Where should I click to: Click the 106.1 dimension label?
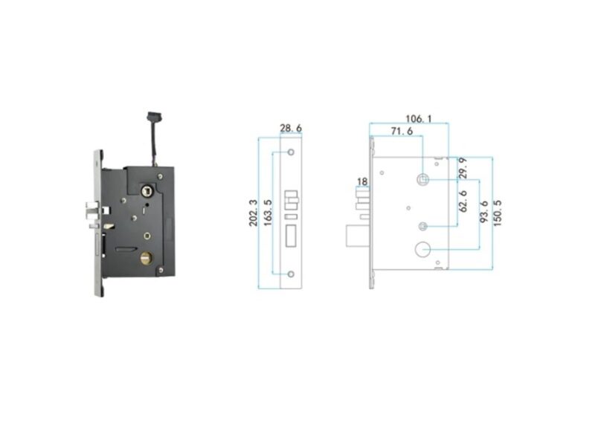pyautogui.click(x=419, y=119)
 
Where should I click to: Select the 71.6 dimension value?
pyautogui.click(x=402, y=132)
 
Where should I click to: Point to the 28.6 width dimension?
pyautogui.click(x=291, y=128)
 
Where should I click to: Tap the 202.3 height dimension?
pyautogui.click(x=253, y=213)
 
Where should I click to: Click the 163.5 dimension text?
pyautogui.click(x=268, y=213)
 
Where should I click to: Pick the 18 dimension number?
pyautogui.click(x=362, y=181)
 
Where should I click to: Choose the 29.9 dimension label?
pyautogui.click(x=463, y=168)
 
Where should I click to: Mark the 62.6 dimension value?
pyautogui.click(x=463, y=201)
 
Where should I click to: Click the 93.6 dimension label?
pyautogui.click(x=483, y=212)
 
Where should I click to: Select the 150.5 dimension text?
pyautogui.click(x=498, y=213)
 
